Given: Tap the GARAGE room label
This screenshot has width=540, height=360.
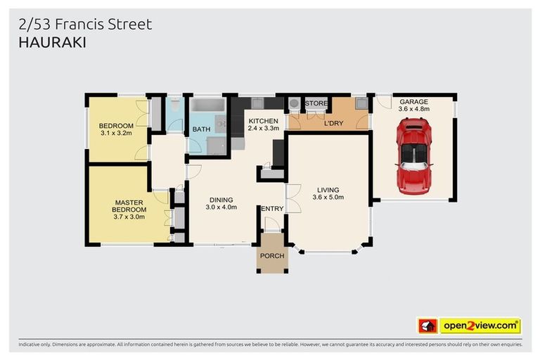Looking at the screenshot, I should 413,101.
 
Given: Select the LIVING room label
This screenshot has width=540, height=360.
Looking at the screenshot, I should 328,190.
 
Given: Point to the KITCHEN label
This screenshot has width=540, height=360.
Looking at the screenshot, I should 264,122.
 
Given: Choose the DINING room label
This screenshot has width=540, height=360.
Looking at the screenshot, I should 221,198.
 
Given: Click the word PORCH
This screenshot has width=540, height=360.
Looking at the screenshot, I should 272,256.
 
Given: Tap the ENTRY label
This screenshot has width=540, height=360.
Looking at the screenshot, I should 271,209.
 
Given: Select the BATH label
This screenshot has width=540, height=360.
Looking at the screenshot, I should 201,129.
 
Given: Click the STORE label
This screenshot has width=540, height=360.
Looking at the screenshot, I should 316,103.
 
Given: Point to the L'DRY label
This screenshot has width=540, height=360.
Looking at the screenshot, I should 333,124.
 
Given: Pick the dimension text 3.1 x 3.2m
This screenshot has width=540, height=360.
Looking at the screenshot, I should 116,133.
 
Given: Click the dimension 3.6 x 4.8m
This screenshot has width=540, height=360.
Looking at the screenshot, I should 413,109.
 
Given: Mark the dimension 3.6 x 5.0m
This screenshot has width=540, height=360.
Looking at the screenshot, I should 328,198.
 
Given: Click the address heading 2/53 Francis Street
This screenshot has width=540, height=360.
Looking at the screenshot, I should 84,25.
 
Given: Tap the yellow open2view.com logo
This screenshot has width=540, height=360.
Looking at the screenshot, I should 480,326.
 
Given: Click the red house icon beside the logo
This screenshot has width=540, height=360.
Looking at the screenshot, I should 427,326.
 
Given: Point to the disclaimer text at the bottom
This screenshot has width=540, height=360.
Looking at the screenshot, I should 270,345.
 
